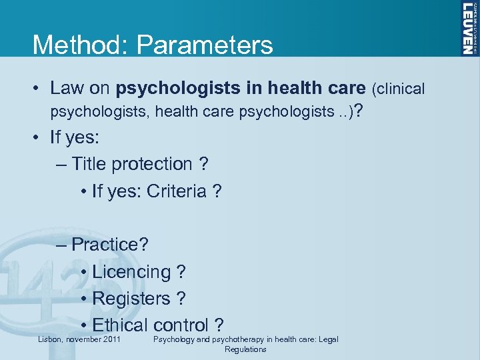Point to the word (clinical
tap(399, 88)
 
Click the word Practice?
tap(110, 244)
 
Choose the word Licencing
tap(131, 271)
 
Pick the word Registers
tap(131, 298)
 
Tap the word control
tap(181, 325)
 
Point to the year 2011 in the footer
tap(110, 340)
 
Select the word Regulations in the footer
tap(245, 349)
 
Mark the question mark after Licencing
tap(181, 271)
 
